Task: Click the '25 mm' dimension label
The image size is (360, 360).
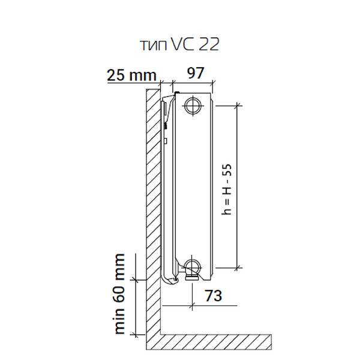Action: tap(131, 75)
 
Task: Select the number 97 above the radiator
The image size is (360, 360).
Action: tap(196, 73)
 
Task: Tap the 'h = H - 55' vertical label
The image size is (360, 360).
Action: tap(227, 190)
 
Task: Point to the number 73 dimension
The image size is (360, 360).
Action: tap(213, 295)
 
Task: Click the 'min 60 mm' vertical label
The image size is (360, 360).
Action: tap(119, 294)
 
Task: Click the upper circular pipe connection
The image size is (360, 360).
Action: tap(193, 106)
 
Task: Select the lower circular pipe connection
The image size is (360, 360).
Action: tap(193, 268)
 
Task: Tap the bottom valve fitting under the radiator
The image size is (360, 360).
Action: tap(192, 277)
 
